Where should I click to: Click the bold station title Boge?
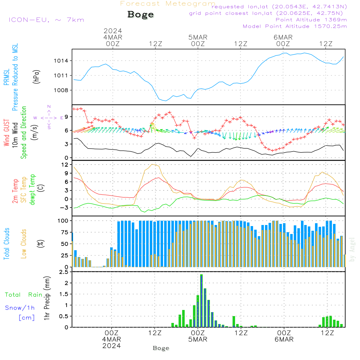tap(140, 15)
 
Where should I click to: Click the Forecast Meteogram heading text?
tap(168, 4)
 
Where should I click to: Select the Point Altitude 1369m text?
tap(311, 19)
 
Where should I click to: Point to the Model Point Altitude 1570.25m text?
tap(295, 26)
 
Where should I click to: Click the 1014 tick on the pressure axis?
tap(61, 61)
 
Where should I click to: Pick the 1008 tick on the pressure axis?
tap(61, 90)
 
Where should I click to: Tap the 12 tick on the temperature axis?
tap(65, 165)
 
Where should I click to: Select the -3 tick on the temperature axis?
tap(65, 208)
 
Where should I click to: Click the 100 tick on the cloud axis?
tap(63, 220)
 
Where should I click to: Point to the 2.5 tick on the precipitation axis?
tap(64, 272)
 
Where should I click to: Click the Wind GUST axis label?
tap(6, 133)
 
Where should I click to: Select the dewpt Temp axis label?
tap(32, 190)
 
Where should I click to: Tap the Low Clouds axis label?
tap(24, 243)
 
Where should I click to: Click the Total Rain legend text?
tap(23, 294)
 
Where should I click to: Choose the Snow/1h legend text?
tap(20, 308)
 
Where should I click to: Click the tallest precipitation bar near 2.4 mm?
tap(201, 301)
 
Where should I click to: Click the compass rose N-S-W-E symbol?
tap(49, 118)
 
